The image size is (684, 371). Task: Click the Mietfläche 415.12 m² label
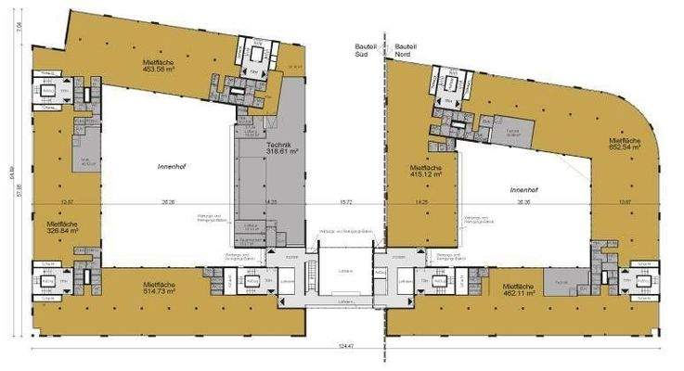tap(418, 173)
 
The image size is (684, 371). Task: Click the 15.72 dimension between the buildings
tap(347, 201)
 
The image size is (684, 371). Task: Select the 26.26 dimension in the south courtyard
tap(168, 201)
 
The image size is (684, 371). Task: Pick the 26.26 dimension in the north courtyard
tap(525, 201)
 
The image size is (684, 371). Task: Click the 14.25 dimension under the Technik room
tap(271, 201)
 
